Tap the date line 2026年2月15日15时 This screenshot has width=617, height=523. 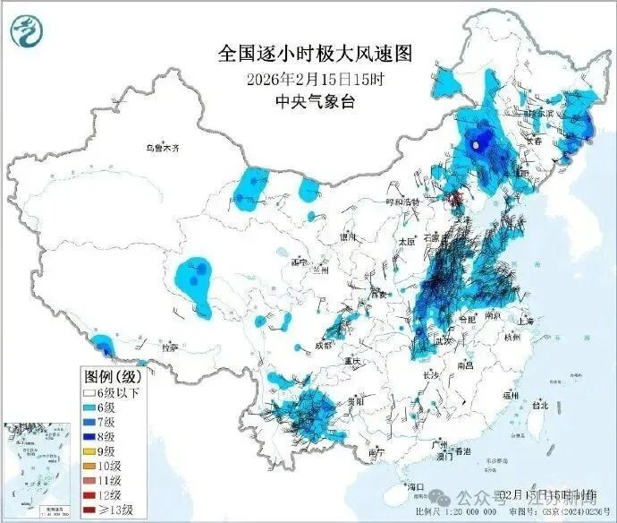tap(315, 79)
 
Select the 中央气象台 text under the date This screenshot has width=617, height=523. tap(315, 101)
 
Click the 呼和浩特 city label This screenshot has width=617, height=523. tap(402, 203)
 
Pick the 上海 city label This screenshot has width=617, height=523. tap(525, 321)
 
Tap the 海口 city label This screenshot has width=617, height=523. tap(415, 486)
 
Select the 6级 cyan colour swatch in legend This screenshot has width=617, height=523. tap(91, 407)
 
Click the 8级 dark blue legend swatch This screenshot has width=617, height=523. tap(91, 436)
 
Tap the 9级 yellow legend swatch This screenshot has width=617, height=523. tap(91, 450)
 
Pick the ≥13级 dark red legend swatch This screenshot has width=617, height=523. tap(91, 510)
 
